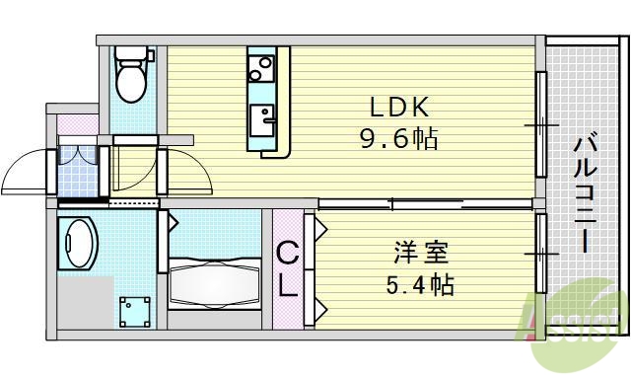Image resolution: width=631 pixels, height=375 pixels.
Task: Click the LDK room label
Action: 398,107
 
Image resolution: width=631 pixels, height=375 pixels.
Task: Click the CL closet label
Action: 286,270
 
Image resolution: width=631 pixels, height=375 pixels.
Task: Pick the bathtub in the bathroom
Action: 212,280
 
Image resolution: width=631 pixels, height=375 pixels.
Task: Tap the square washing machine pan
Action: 133,312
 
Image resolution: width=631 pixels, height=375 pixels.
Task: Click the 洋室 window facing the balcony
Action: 541,255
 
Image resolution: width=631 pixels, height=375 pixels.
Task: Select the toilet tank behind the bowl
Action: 129,55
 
